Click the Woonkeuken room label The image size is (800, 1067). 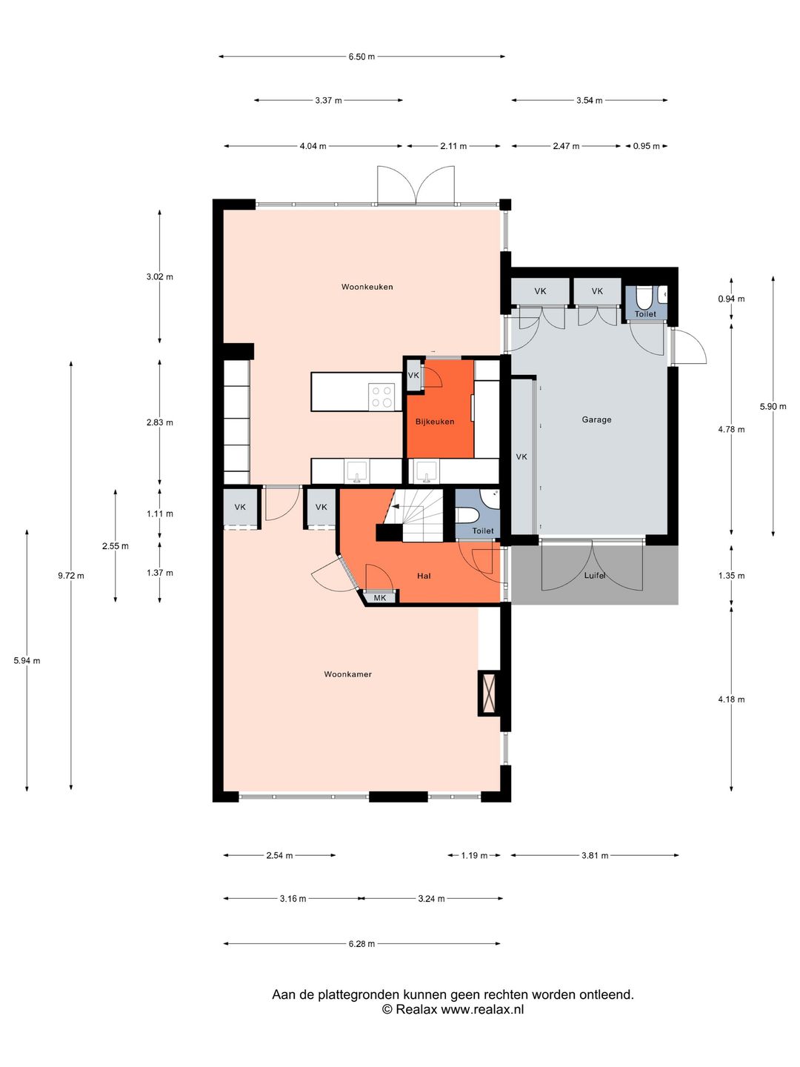coord(367,287)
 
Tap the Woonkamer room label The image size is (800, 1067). coord(348,674)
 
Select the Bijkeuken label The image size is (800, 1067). coord(435,422)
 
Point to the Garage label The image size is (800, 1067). coord(596,419)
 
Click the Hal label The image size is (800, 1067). coord(424,576)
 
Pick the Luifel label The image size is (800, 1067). coord(595,576)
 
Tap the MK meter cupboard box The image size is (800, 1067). coord(380,597)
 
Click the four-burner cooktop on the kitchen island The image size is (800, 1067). coord(381,396)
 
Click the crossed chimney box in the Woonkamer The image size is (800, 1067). coord(488,693)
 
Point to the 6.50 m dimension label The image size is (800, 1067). coord(361,56)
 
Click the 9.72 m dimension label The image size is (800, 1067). coord(71,576)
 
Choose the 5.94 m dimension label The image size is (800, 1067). coord(27,661)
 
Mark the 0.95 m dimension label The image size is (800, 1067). coord(646,146)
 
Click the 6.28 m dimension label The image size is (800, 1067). coord(361,944)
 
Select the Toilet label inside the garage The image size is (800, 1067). coord(645,314)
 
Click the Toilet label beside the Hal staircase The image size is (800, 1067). coord(483,531)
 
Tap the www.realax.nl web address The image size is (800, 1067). coord(481,1010)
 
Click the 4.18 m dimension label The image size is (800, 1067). coord(731,699)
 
